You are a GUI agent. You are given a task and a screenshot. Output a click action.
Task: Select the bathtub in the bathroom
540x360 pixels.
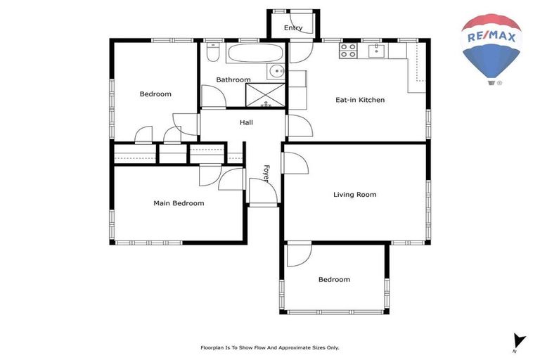point(254,54)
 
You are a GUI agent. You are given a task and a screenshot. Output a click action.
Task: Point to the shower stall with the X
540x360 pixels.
point(266,94)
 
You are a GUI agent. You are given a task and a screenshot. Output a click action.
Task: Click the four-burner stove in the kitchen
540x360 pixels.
point(348,50)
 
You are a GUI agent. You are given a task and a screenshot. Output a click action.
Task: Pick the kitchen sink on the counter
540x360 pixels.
point(378,49)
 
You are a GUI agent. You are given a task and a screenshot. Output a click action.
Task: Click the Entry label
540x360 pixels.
point(293,28)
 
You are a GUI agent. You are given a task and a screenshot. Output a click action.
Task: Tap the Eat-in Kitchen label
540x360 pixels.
point(359,100)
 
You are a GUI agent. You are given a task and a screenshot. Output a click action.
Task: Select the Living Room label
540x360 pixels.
point(354,195)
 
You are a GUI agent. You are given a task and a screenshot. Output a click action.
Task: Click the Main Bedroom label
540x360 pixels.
point(179,203)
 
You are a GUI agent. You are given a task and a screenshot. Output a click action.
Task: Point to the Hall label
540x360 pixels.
point(246,122)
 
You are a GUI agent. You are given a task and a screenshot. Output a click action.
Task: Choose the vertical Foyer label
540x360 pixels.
point(266,174)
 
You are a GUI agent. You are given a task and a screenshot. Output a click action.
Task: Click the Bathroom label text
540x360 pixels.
point(233,79)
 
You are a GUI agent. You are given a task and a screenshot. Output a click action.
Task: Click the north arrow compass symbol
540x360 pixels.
point(518,341)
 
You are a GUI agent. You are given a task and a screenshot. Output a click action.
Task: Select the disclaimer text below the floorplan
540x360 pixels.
point(270,347)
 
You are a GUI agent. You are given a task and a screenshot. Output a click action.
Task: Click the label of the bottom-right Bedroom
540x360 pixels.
point(334,279)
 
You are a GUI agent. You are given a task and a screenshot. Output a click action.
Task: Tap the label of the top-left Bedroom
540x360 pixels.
point(155,94)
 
